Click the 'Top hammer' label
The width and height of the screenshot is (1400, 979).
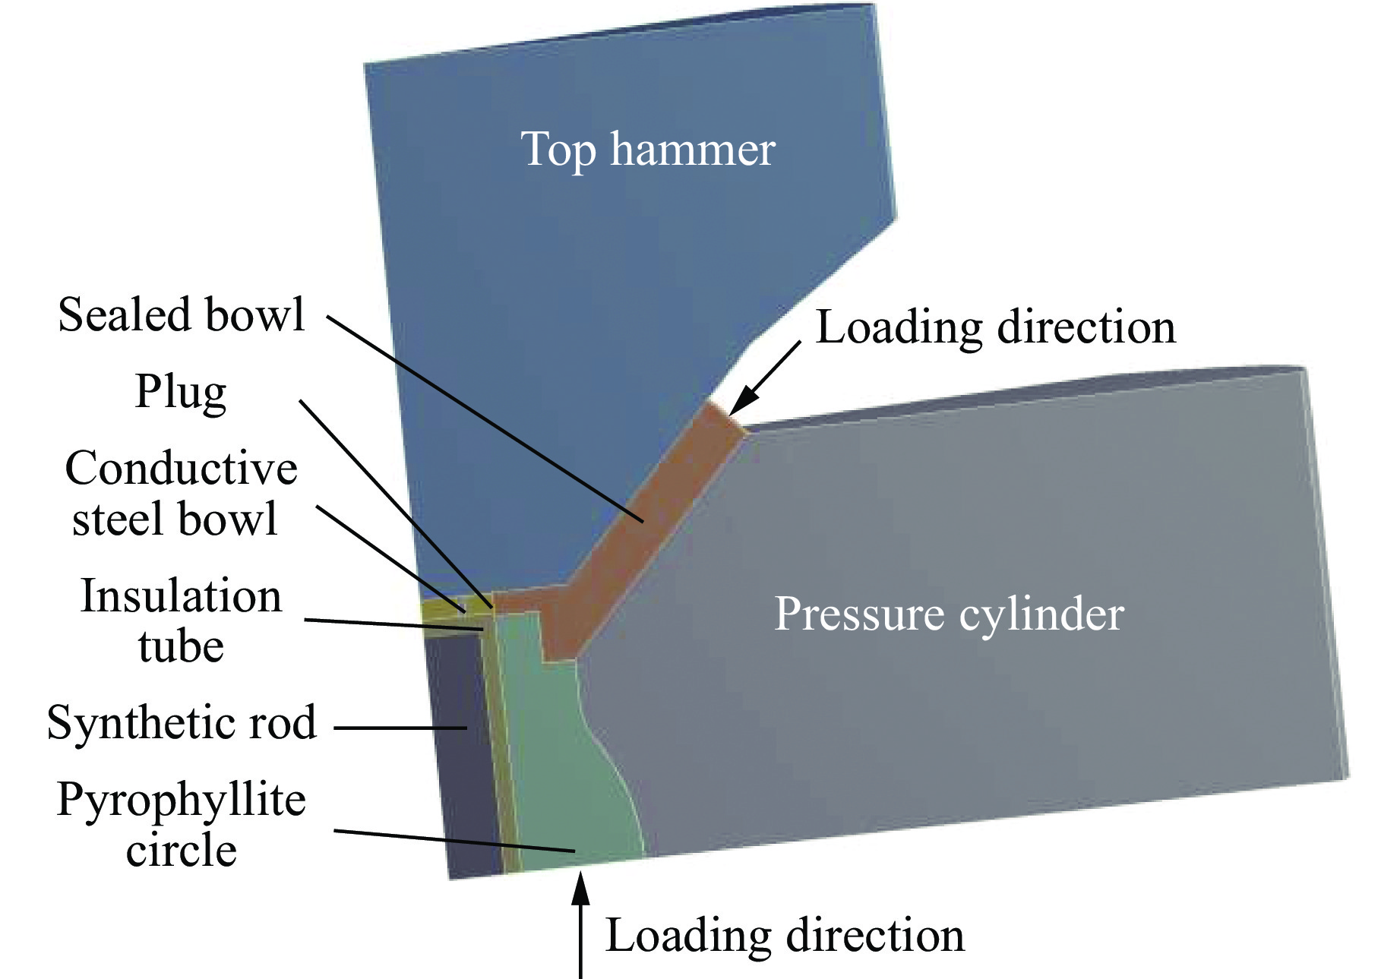click(x=647, y=150)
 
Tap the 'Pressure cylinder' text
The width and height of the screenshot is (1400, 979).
click(x=949, y=614)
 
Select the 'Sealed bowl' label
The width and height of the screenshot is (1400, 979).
click(x=182, y=314)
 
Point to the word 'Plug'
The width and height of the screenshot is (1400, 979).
click(x=181, y=393)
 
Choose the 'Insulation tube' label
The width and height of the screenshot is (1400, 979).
click(x=181, y=621)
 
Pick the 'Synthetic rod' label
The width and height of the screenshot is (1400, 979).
click(x=182, y=722)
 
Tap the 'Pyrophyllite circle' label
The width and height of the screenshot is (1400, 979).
click(x=181, y=824)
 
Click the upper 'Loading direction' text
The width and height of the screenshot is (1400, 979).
click(x=995, y=327)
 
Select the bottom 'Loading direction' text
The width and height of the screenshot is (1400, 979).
click(x=785, y=935)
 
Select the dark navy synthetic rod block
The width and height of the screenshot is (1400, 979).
click(x=460, y=760)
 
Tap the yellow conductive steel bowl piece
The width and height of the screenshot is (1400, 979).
click(x=441, y=610)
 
